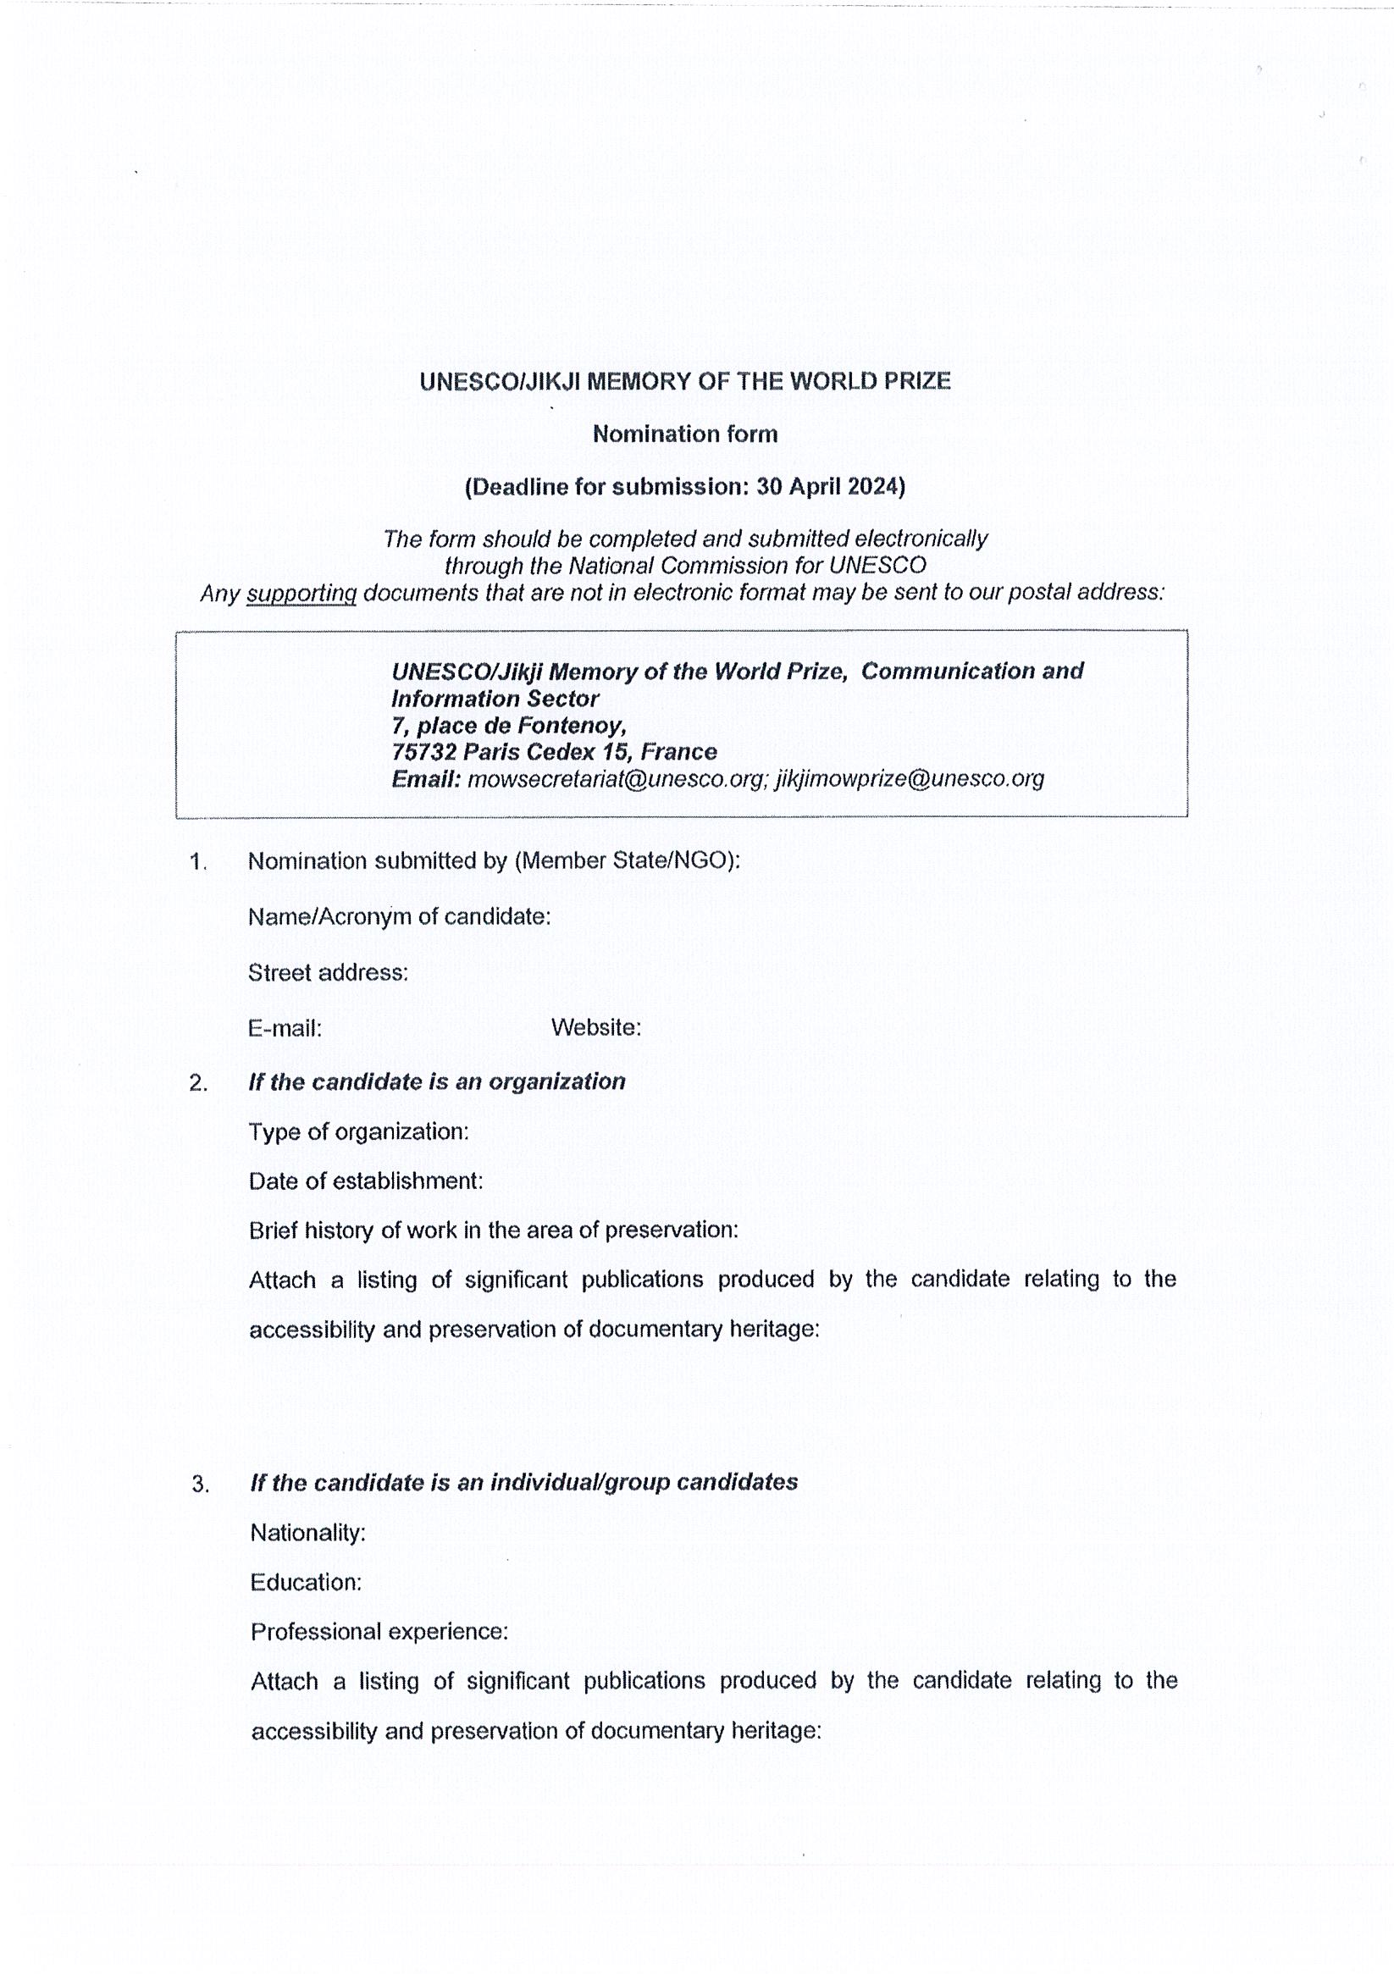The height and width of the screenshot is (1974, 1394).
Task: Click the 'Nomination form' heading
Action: click(x=684, y=434)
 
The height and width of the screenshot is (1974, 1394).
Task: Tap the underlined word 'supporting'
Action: click(x=301, y=594)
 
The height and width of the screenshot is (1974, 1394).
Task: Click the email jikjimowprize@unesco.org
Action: click(x=909, y=779)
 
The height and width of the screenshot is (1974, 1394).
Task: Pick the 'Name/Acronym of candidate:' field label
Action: click(x=399, y=917)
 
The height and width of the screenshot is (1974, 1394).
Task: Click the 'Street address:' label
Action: click(x=328, y=972)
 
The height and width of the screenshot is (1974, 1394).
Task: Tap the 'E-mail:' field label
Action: click(x=285, y=1028)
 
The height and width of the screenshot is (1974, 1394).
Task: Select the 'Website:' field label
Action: click(x=596, y=1027)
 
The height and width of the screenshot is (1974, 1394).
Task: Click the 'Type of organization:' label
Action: click(x=358, y=1131)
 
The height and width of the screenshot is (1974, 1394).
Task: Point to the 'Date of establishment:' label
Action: click(x=366, y=1181)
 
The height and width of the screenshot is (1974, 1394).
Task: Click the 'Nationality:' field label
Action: click(x=308, y=1533)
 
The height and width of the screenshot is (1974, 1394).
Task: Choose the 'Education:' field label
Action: click(x=305, y=1583)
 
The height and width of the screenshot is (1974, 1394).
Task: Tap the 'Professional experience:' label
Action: click(x=379, y=1632)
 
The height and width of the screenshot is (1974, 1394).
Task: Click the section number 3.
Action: click(x=200, y=1485)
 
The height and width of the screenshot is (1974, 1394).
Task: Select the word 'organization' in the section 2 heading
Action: click(x=556, y=1081)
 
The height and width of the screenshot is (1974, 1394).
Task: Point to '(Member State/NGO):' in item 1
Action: click(x=627, y=860)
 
